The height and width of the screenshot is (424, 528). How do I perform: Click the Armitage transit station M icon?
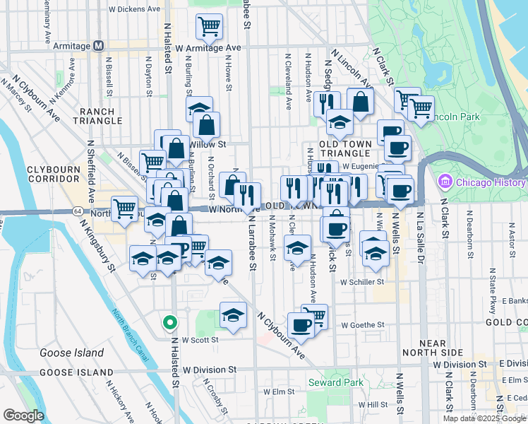tap(99, 46)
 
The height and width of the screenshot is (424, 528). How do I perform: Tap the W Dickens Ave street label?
tap(134, 10)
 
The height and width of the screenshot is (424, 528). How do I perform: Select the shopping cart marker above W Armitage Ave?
tap(209, 28)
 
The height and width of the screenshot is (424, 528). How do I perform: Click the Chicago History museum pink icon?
tap(445, 182)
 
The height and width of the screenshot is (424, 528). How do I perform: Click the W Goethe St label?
tap(361, 326)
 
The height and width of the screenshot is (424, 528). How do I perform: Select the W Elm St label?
tap(278, 391)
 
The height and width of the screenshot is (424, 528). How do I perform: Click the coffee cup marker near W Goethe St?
tap(301, 325)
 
